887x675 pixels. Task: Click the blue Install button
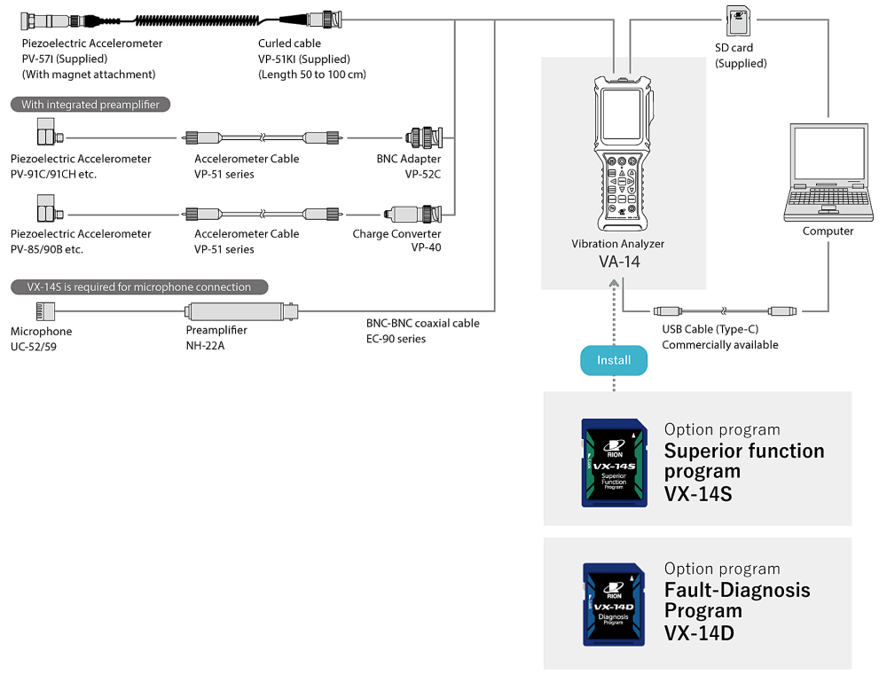pos(614,359)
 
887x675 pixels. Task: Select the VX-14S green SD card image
pos(614,461)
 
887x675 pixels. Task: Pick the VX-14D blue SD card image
pos(614,603)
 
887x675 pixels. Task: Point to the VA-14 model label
pos(618,262)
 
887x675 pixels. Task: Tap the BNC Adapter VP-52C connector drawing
pos(423,137)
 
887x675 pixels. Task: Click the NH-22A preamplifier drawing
pos(239,310)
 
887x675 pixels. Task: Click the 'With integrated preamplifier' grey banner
pos(90,105)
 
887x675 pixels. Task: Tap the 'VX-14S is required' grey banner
pos(139,287)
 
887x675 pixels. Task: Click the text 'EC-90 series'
pos(396,339)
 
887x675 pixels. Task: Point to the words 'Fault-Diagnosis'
pos(737,590)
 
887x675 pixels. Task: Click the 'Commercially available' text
pos(719,345)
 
